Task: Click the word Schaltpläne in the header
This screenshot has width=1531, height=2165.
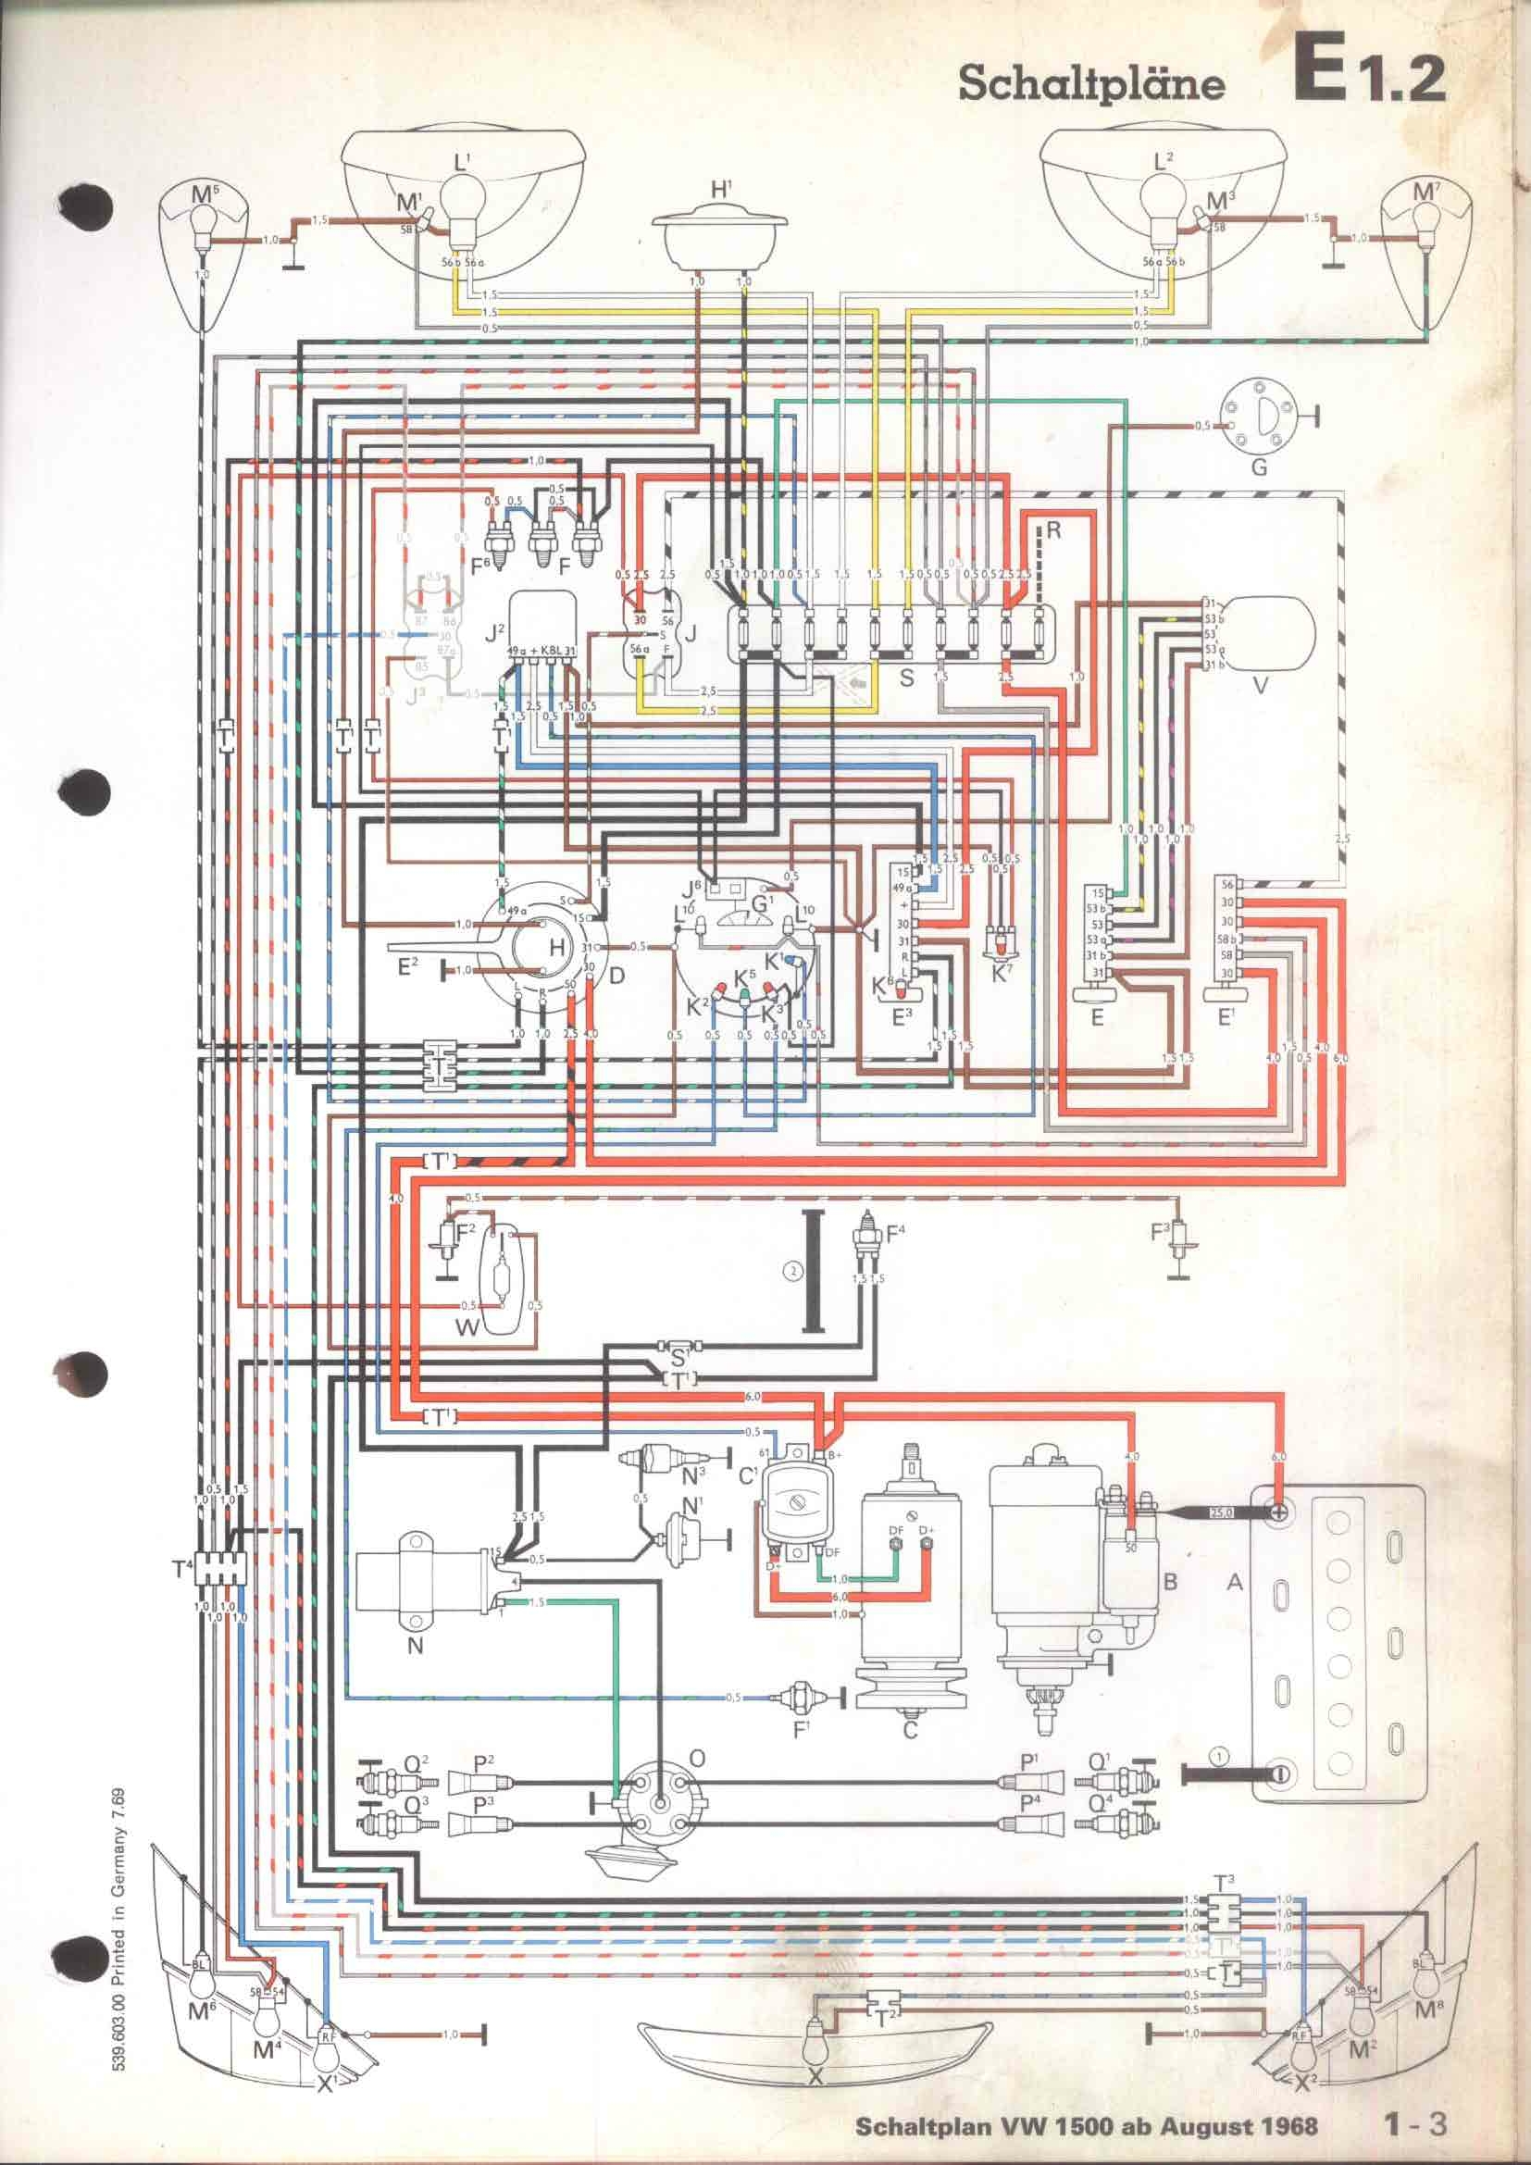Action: click(x=1090, y=85)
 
